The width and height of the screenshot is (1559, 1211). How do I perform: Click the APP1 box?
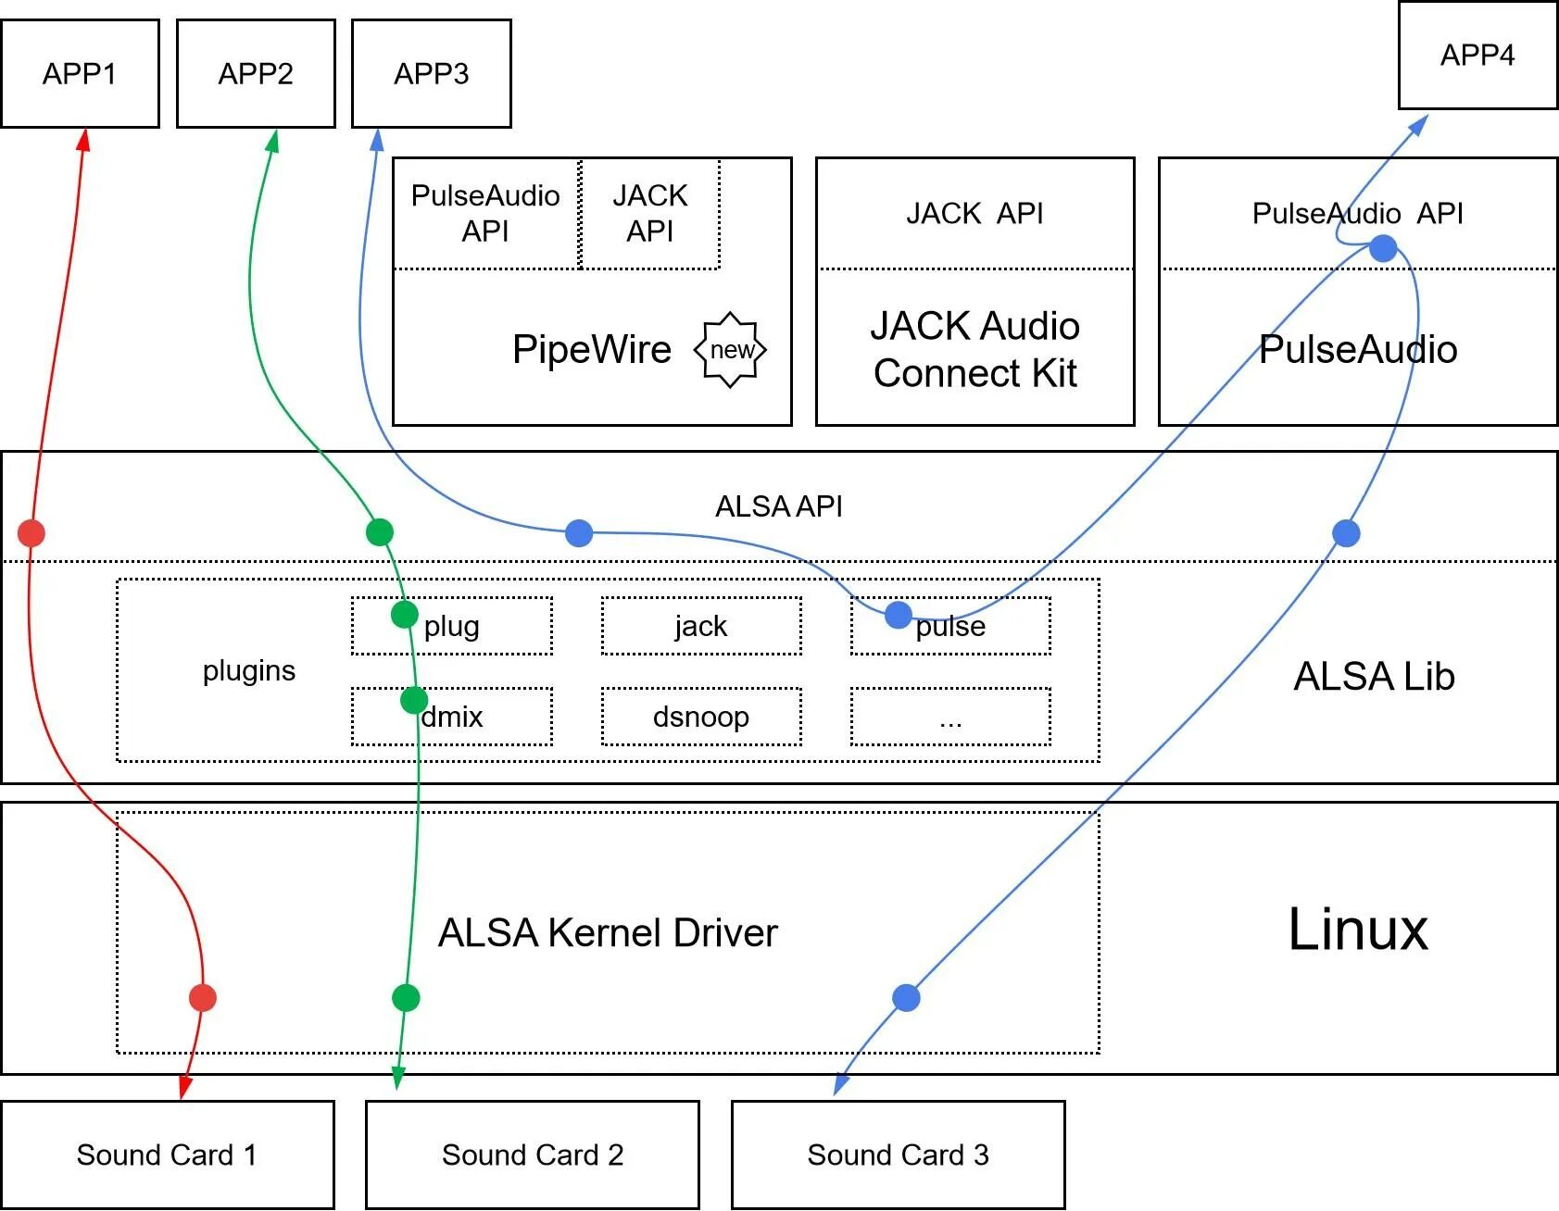80,73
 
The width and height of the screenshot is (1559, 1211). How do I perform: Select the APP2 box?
256,73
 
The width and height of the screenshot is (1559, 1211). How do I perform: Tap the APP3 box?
432,73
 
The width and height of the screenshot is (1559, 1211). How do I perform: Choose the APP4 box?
1477,56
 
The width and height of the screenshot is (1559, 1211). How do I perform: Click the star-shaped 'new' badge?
731,350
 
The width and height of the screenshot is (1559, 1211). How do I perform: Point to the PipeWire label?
592,350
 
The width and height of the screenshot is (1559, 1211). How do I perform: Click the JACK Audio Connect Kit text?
974,350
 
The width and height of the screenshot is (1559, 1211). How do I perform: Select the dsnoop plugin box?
701,717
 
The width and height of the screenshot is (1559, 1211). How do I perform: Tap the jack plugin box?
701,626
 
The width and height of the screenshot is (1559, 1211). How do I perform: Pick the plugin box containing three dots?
950,717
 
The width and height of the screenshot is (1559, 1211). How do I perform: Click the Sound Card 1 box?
167,1155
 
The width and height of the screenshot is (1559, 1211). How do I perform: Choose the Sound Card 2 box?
533,1155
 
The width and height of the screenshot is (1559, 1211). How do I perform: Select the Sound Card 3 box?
898,1155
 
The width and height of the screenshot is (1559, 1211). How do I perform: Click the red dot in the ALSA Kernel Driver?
203,997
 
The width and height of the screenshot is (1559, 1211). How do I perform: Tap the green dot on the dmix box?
414,700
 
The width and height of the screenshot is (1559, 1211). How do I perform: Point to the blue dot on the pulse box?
898,615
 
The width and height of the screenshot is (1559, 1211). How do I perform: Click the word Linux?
1358,930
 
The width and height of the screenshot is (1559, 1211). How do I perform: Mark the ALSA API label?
779,506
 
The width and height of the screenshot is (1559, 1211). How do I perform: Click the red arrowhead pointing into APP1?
84,139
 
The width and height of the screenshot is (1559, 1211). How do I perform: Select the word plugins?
249,670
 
